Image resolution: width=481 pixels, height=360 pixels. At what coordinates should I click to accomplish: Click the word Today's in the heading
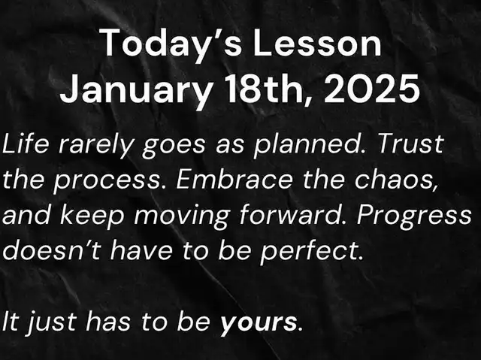172,44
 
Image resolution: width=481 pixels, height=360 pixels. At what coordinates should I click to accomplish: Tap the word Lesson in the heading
317,42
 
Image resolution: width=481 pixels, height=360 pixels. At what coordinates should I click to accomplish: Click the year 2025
372,89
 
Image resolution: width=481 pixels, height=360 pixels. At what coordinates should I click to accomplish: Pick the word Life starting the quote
26,144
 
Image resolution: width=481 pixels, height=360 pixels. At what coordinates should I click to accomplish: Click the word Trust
410,144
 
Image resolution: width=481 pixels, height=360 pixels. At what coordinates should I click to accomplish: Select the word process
107,182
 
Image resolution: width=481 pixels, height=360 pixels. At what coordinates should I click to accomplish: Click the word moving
182,216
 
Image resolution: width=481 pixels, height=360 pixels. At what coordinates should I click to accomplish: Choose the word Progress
414,216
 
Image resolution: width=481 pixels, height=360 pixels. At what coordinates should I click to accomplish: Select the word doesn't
52,250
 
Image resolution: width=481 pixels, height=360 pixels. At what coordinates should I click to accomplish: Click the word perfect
311,253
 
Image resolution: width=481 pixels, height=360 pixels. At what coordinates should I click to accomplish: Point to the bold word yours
259,323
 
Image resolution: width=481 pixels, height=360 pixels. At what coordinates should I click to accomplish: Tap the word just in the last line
52,322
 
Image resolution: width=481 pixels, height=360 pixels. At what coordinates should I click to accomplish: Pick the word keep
92,216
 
